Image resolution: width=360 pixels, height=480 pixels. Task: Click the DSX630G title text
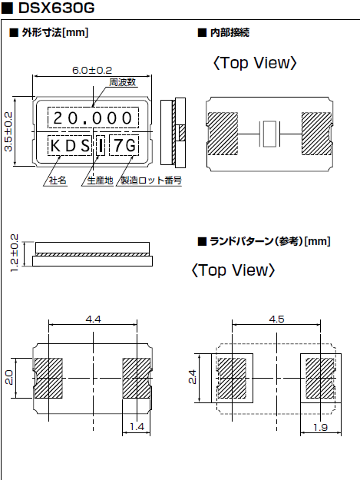point(57,8)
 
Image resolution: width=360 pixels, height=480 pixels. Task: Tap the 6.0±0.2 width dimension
point(92,70)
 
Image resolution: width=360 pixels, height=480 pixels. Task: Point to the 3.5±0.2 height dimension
point(8,131)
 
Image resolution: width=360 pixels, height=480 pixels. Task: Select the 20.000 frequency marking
point(93,118)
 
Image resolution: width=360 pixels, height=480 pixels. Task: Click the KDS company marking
point(70,146)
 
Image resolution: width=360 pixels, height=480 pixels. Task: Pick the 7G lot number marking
point(124,145)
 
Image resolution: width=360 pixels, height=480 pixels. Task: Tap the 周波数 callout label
point(123,82)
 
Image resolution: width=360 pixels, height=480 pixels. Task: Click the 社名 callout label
point(58,180)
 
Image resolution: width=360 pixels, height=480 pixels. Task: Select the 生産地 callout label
point(101,180)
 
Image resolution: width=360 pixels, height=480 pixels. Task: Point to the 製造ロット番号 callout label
point(151,180)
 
